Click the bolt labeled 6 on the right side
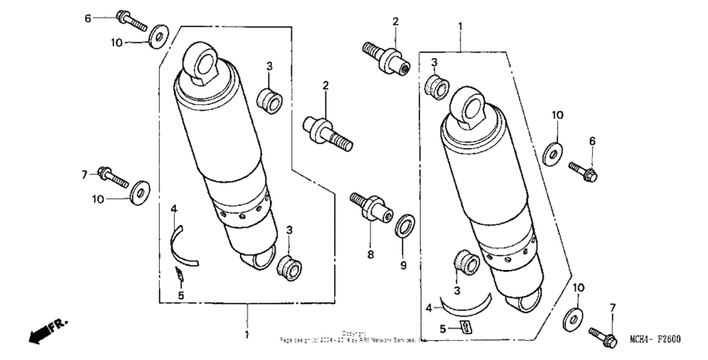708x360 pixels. tap(582, 171)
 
